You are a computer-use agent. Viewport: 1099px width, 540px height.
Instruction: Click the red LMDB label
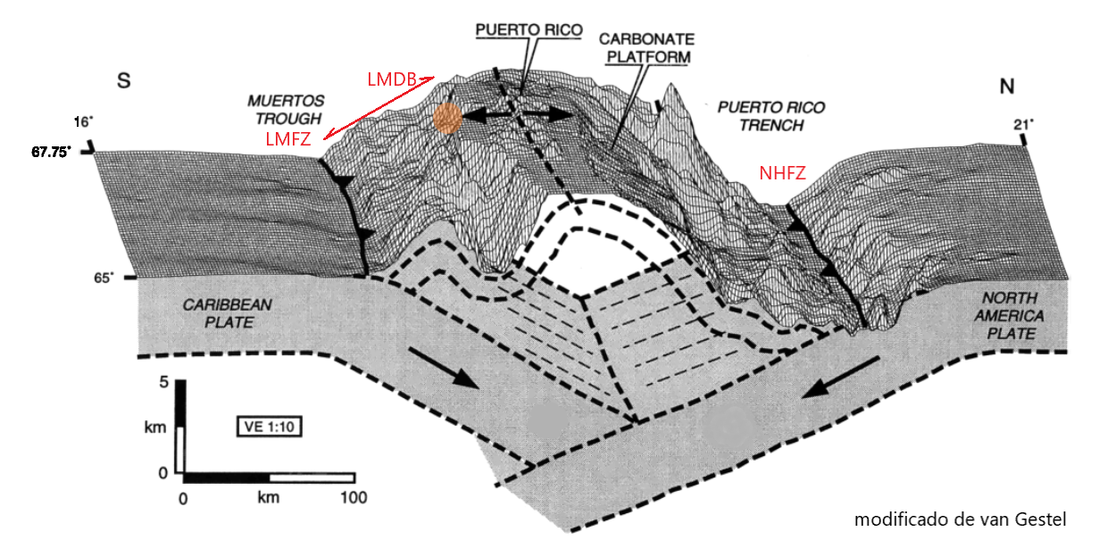tap(391, 79)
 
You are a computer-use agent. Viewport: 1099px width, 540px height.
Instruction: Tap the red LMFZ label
tap(287, 139)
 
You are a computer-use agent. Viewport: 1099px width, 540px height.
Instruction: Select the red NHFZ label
tap(783, 174)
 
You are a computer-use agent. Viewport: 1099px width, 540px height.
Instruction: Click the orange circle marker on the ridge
tap(447, 118)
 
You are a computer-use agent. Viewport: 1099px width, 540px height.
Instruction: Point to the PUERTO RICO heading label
tap(529, 29)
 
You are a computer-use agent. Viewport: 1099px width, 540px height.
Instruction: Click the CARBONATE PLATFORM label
tap(645, 48)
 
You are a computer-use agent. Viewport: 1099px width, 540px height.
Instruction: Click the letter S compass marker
tap(124, 82)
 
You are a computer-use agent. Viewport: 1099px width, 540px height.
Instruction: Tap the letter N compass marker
tap(1006, 86)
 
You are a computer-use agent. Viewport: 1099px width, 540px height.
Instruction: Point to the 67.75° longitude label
tap(52, 152)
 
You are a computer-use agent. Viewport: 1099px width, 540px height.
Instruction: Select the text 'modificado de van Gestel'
tap(961, 519)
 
